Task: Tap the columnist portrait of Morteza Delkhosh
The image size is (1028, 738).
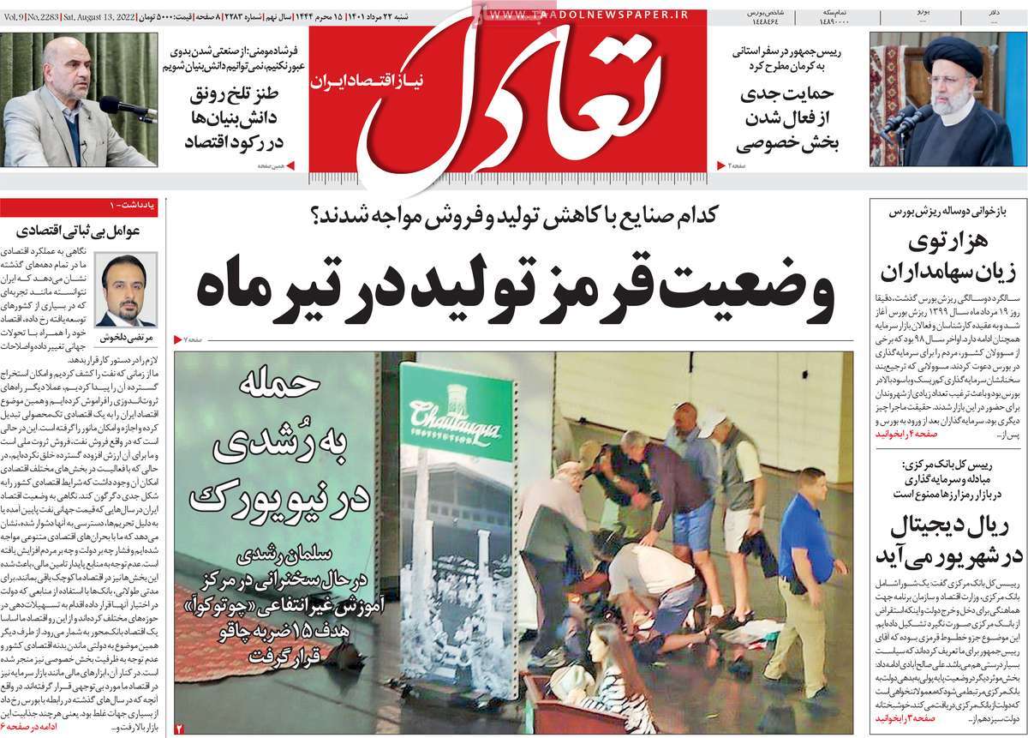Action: pos(126,289)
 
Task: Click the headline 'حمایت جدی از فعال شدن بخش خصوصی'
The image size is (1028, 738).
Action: pos(788,120)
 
